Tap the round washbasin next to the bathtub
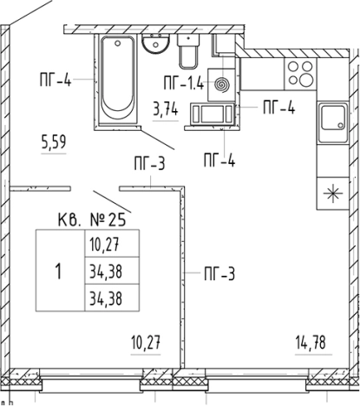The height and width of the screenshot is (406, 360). (x=155, y=43)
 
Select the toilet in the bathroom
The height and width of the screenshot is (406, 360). (x=188, y=51)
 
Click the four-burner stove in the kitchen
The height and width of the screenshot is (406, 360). (x=300, y=74)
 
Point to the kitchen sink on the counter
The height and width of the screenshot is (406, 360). (x=333, y=122)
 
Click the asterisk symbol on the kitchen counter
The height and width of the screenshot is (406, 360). (x=333, y=193)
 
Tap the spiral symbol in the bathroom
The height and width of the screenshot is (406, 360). (x=222, y=85)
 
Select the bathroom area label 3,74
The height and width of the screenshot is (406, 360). (x=165, y=110)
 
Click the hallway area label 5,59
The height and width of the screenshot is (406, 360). (x=54, y=142)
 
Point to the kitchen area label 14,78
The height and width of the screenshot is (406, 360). (x=311, y=343)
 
